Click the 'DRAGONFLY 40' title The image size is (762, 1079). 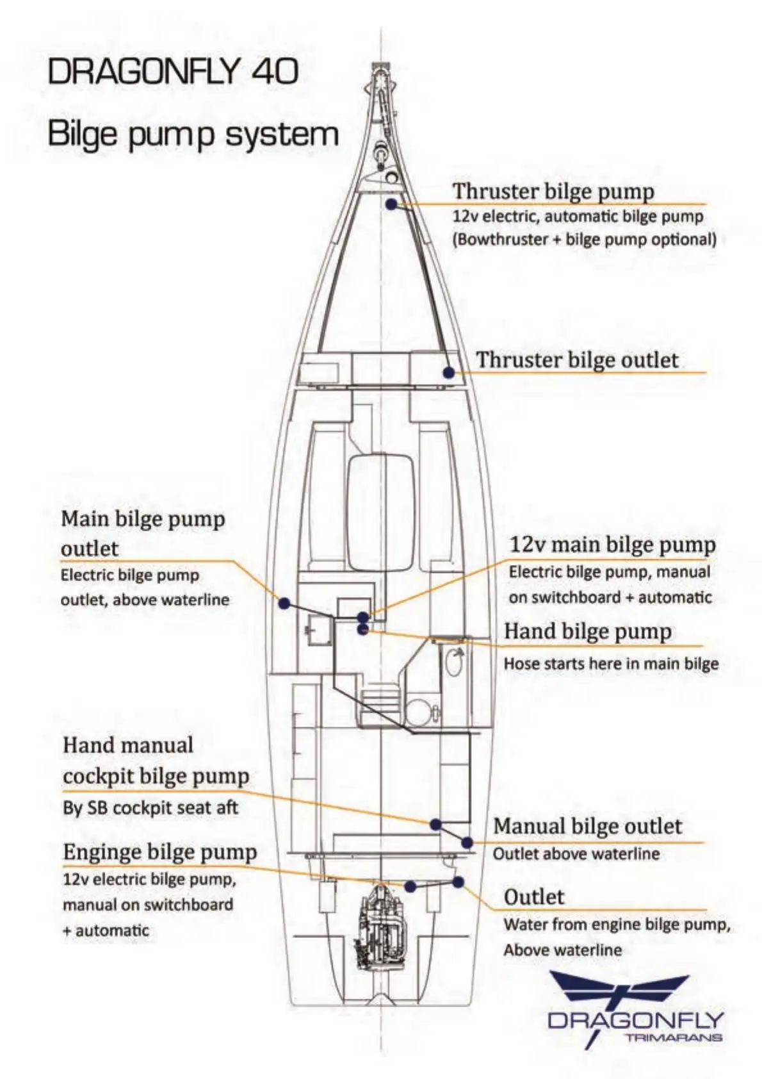click(x=173, y=71)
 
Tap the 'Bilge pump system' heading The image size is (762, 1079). click(x=193, y=135)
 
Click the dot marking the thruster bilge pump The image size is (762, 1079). click(x=391, y=204)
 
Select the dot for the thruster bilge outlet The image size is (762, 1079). click(x=449, y=372)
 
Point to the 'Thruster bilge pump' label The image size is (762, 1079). click(x=553, y=192)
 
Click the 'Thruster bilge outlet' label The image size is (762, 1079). click(x=576, y=359)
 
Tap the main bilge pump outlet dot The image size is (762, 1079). click(x=284, y=603)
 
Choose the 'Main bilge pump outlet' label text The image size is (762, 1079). click(x=143, y=533)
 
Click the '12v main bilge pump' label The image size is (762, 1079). click(x=612, y=545)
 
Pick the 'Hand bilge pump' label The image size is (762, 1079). click(x=588, y=631)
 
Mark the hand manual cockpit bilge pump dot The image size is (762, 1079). click(x=435, y=825)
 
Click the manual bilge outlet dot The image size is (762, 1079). click(x=467, y=843)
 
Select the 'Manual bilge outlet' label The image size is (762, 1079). click(x=587, y=826)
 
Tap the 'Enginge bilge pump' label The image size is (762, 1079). click(x=159, y=852)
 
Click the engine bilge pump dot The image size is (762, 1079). click(x=410, y=886)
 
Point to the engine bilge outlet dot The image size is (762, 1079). click(x=458, y=882)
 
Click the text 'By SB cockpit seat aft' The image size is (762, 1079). click(x=150, y=807)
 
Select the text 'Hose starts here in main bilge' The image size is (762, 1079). click(x=611, y=663)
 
